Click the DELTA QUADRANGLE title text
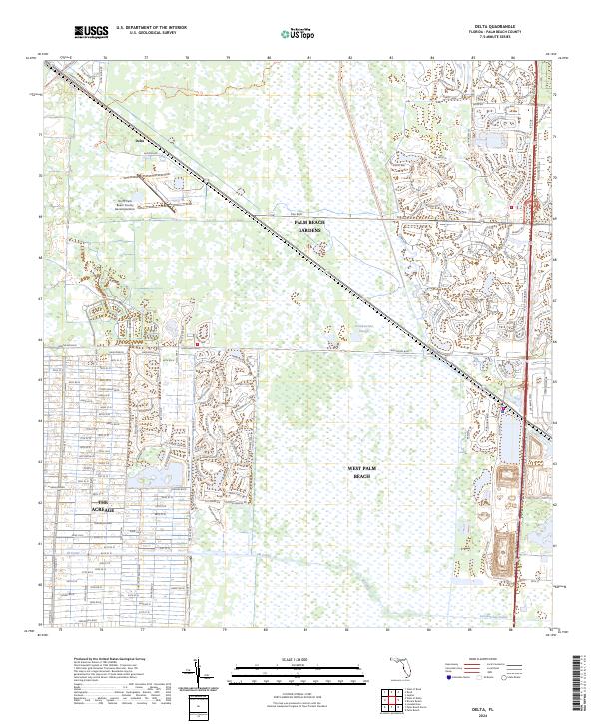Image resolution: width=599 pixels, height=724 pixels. tap(503, 27)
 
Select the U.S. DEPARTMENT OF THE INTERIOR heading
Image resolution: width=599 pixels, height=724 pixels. tap(151, 28)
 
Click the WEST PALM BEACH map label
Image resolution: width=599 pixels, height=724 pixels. tap(361, 472)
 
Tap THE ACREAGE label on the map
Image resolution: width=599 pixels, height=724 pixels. tap(104, 506)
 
